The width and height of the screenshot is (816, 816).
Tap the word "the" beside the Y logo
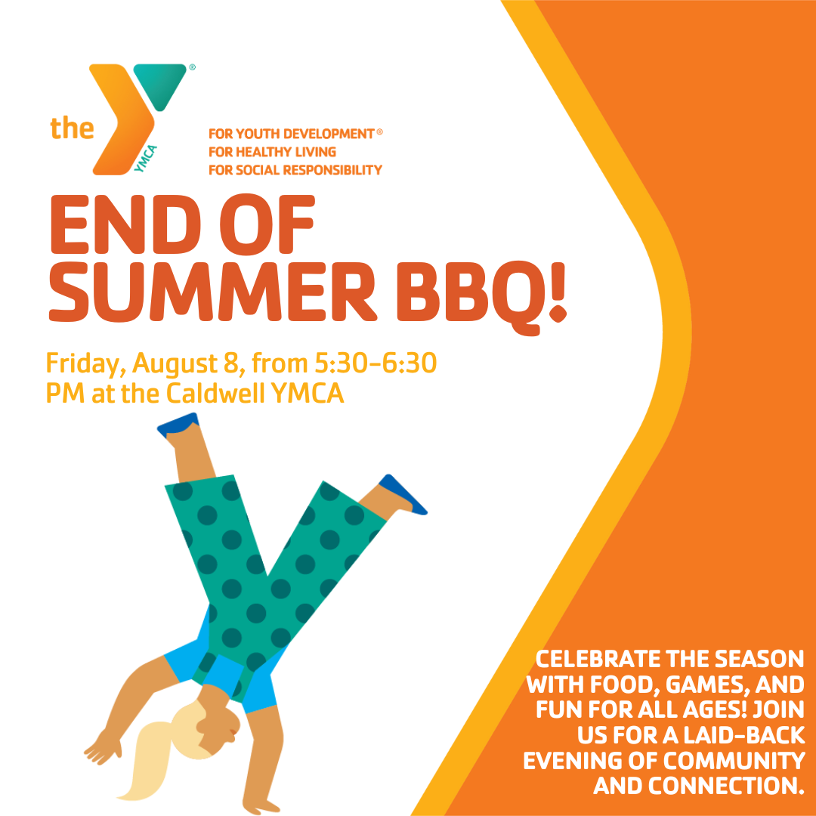72,128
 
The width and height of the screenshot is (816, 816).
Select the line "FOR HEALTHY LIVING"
272,152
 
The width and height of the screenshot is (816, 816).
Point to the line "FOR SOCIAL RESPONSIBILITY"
295,170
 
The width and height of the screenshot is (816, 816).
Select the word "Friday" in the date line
86,363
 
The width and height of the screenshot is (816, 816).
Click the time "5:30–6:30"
376,363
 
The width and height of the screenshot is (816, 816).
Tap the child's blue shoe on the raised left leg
178,422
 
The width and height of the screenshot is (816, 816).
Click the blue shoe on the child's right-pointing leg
402,494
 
